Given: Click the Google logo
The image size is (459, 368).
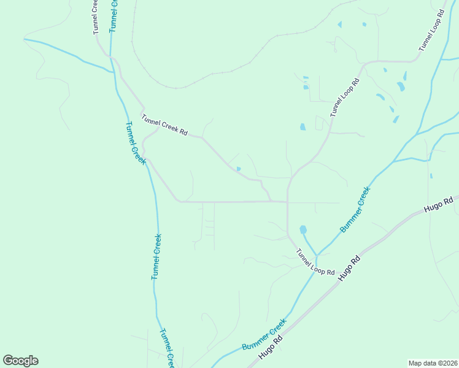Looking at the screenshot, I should click(20, 361).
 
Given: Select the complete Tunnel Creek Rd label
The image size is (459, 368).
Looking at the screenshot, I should click(164, 126).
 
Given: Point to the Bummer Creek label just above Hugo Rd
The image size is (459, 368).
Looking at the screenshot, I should click(264, 335).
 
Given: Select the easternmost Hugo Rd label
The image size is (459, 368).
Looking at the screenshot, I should click(438, 205).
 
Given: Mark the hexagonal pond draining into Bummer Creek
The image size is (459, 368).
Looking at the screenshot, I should click(303, 230).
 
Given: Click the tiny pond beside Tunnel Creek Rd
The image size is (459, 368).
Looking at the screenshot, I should click(239, 169).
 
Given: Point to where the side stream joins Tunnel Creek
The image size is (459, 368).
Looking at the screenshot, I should click(113, 72).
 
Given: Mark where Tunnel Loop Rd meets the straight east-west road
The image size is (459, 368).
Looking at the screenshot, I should click(287, 202).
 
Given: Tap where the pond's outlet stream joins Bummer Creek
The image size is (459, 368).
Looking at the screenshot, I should click(317, 255).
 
